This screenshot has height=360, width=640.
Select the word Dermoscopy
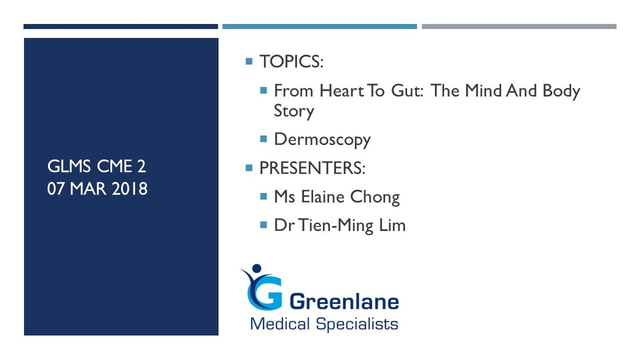pos(322,140)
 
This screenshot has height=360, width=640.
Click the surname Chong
pos(375,197)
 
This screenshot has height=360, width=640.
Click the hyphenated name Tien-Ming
pos(336,226)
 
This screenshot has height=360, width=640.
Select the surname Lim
pos(393,225)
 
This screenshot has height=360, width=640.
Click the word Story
pos(294,111)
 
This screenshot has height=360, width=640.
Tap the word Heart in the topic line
pos(342,91)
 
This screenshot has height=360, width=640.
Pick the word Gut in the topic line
pos(407,91)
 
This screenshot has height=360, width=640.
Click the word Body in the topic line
pos(561,91)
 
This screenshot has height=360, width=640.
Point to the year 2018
pos(130,189)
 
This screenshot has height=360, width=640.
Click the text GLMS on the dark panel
pos(69,166)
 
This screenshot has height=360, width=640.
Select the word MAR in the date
pos(88,189)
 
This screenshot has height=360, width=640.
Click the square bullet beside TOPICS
pos(249,61)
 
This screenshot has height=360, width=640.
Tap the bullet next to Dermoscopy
pos(263,139)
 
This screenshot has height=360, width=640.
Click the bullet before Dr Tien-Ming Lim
pos(263,225)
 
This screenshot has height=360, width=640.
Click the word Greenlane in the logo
pos(344,302)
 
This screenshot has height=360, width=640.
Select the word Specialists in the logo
pos(357,324)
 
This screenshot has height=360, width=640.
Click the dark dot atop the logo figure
pos(257,268)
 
